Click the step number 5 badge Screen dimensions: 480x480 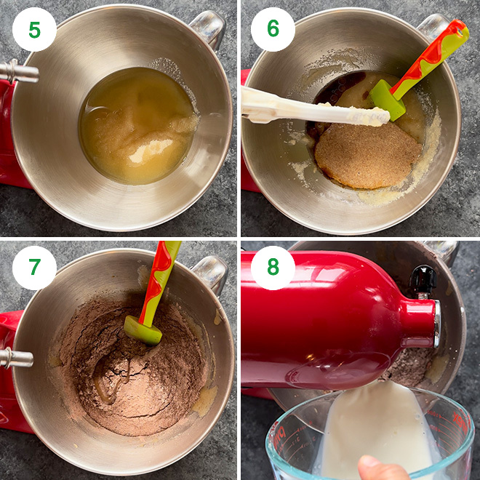coord(34,30)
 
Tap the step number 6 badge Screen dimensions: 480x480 coord(273,30)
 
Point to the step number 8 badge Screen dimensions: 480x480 coord(273,268)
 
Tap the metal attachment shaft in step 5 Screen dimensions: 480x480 coord(18,71)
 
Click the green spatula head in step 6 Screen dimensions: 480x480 coord(385,99)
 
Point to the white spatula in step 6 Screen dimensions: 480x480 coord(305,109)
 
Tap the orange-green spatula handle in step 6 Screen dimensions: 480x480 coord(436,50)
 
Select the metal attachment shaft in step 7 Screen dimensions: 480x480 coord(16,358)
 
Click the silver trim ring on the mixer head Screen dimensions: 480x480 coord(436,324)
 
